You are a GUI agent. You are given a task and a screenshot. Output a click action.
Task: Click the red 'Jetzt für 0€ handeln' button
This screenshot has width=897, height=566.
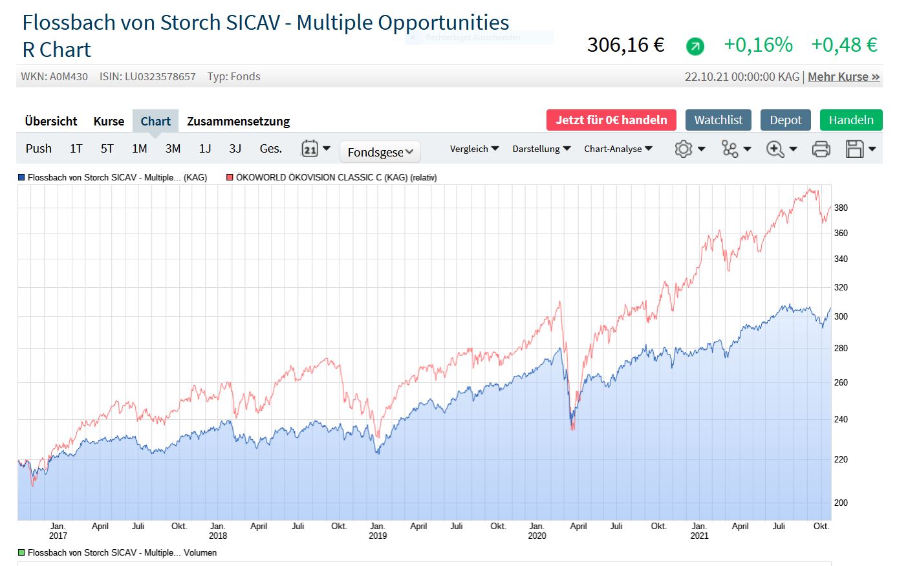coord(611,120)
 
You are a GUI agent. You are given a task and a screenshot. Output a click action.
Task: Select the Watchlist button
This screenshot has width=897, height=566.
coord(718,120)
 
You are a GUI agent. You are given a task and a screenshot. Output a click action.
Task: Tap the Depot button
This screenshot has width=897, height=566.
coord(785,120)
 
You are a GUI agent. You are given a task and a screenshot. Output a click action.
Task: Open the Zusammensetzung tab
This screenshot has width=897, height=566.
coord(238,122)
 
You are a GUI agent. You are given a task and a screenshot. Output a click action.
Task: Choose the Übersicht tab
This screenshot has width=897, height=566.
coord(51,122)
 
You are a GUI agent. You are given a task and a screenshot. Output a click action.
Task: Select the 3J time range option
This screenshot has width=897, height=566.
coord(235,149)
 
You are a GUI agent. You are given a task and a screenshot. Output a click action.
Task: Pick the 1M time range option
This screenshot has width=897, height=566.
coord(139,149)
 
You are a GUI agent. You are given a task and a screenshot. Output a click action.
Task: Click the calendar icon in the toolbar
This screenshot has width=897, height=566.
coord(310,149)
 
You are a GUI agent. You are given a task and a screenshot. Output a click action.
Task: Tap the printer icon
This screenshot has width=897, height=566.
coord(821,149)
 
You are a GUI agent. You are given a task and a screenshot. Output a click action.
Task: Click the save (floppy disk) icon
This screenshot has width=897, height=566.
coord(855,149)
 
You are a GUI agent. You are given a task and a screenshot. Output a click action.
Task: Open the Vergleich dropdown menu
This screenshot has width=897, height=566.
coord(474,149)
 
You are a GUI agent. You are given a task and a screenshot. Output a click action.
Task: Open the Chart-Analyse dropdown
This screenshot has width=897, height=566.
coord(618,149)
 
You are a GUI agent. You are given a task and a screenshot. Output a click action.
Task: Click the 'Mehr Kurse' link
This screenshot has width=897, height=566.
coord(843,77)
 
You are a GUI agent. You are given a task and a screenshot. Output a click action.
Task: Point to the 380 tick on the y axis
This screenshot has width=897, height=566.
coord(841,208)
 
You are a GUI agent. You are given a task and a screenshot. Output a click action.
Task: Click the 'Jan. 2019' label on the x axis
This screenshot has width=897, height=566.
coord(378,530)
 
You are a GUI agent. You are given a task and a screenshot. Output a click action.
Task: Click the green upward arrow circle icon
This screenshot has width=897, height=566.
coord(695,46)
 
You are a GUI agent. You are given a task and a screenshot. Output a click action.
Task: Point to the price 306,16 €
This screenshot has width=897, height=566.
coord(625,45)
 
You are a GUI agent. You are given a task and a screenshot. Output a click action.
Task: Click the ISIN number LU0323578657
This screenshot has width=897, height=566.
coord(160,77)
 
